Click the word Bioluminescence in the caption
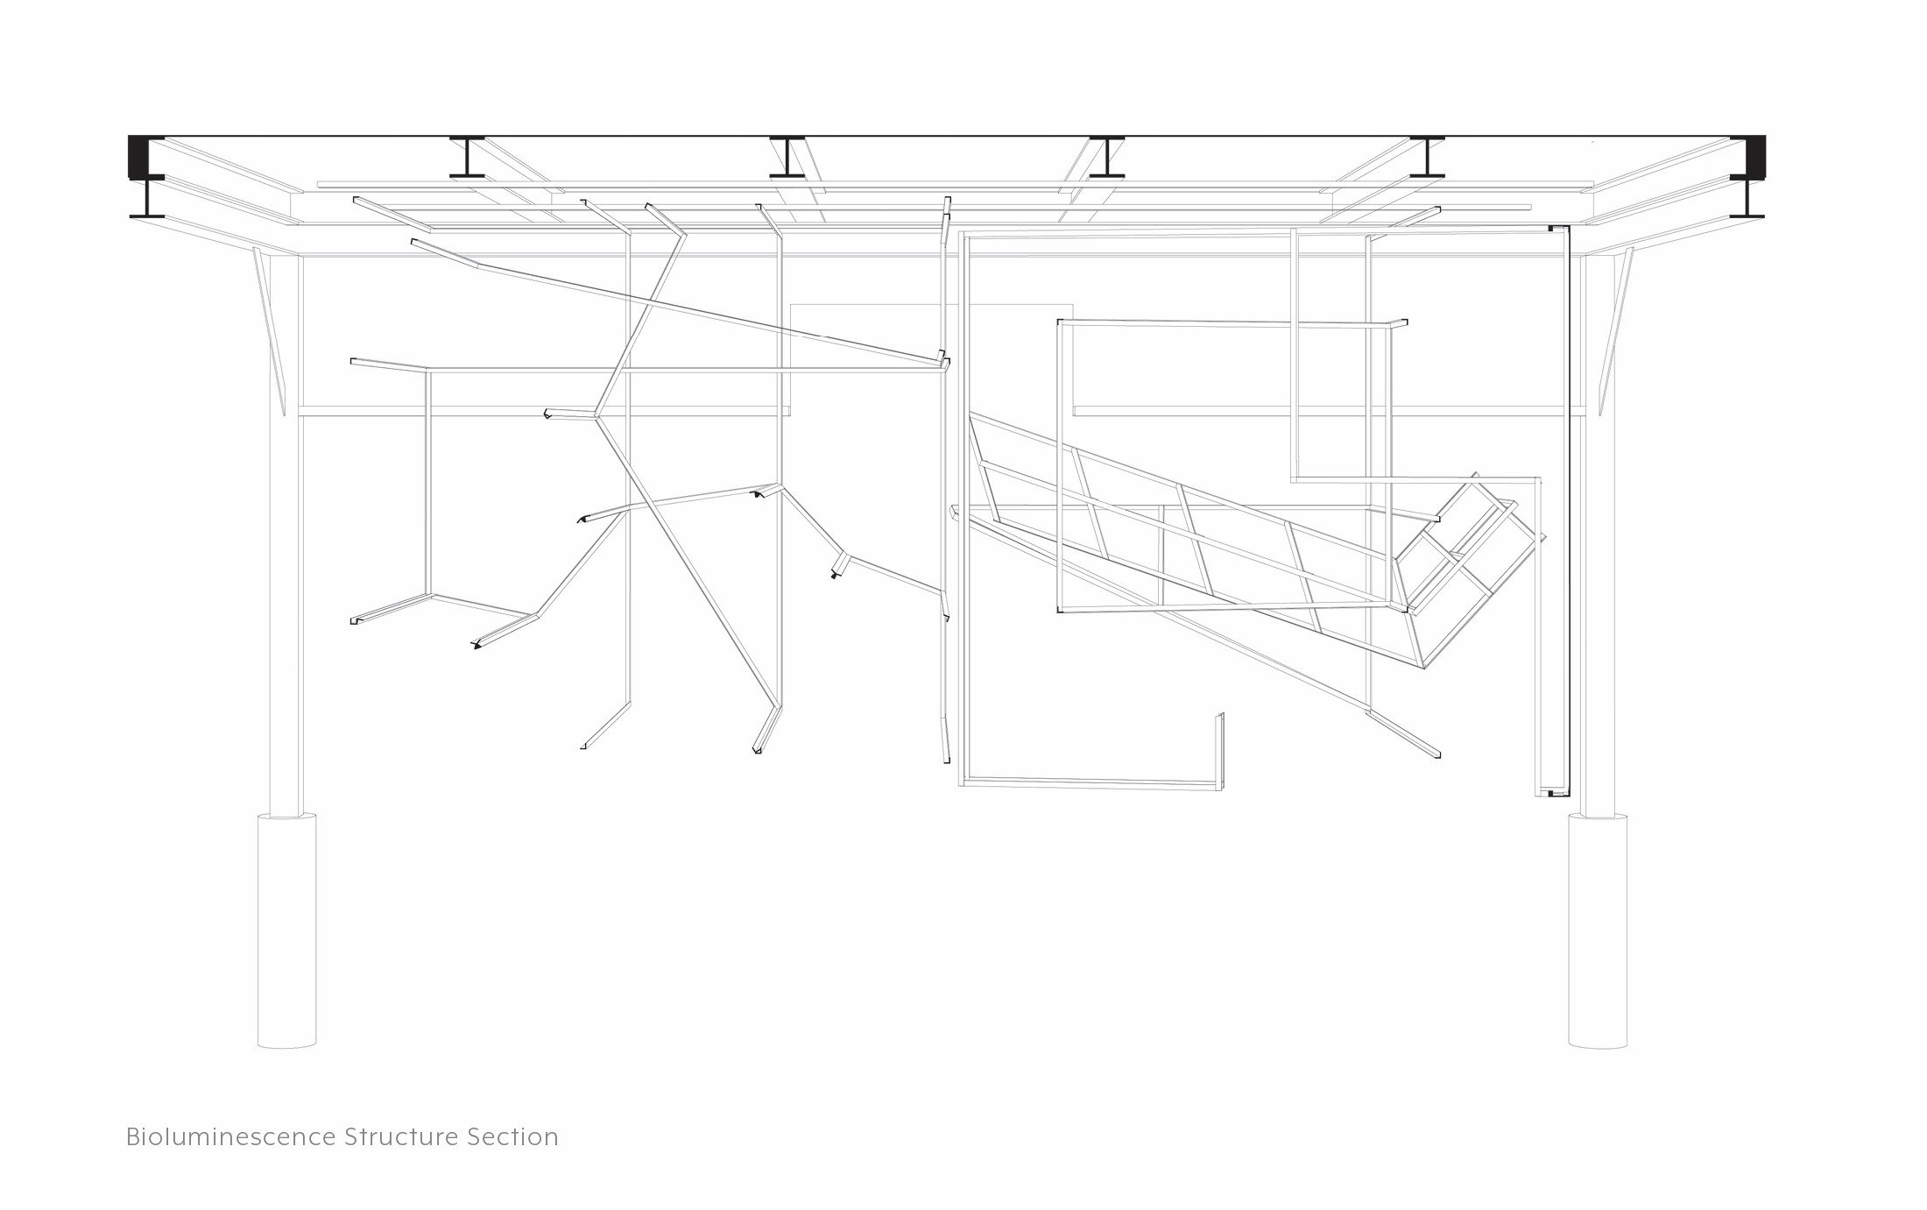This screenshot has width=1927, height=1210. (x=230, y=1137)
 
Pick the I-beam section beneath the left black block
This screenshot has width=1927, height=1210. (x=147, y=198)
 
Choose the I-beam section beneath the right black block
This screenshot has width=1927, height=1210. (x=1747, y=198)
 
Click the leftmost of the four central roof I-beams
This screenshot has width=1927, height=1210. (x=467, y=158)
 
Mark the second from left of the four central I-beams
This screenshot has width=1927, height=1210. (x=787, y=158)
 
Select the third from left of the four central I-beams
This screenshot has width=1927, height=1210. (x=1107, y=158)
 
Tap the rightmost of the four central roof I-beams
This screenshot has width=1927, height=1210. (x=1427, y=158)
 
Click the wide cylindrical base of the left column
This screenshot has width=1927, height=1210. (x=286, y=930)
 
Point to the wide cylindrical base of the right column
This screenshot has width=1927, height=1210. (x=1598, y=930)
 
